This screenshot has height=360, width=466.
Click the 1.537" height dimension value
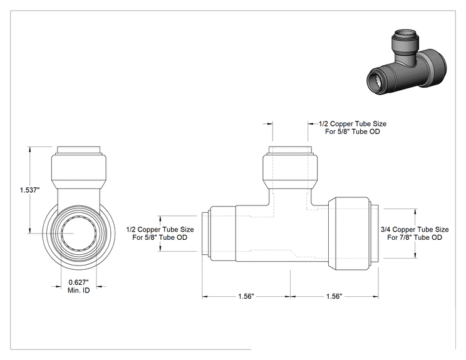[29, 190]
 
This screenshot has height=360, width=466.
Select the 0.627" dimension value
[79, 282]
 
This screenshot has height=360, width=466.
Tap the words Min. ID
[78, 291]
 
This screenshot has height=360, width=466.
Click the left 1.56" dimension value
[246, 296]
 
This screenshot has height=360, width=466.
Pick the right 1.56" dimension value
[334, 296]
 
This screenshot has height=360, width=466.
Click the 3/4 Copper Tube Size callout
[415, 229]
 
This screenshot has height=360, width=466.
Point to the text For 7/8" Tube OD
[415, 237]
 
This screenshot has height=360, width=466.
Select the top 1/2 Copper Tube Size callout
[353, 123]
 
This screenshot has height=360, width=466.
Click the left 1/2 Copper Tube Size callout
[160, 229]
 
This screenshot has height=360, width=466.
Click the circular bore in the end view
[78, 234]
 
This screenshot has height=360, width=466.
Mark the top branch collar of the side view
[290, 172]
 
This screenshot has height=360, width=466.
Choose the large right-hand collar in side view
[349, 234]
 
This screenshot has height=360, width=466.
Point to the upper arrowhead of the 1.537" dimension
[29, 150]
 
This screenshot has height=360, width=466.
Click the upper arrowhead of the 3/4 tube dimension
[415, 212]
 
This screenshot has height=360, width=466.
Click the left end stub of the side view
[206, 234]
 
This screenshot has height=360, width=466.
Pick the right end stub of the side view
[375, 234]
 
